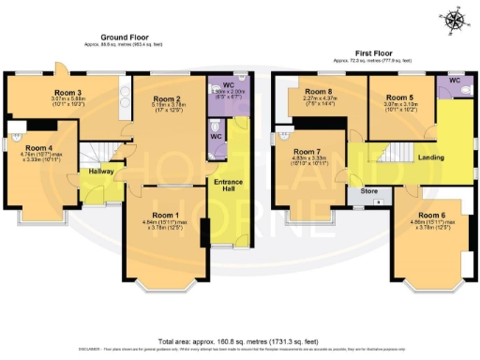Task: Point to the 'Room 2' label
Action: click(166, 98)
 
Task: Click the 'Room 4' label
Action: click(39, 148)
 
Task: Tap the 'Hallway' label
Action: click(101, 172)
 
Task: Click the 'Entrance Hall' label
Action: click(229, 184)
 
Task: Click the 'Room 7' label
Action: click(307, 151)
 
